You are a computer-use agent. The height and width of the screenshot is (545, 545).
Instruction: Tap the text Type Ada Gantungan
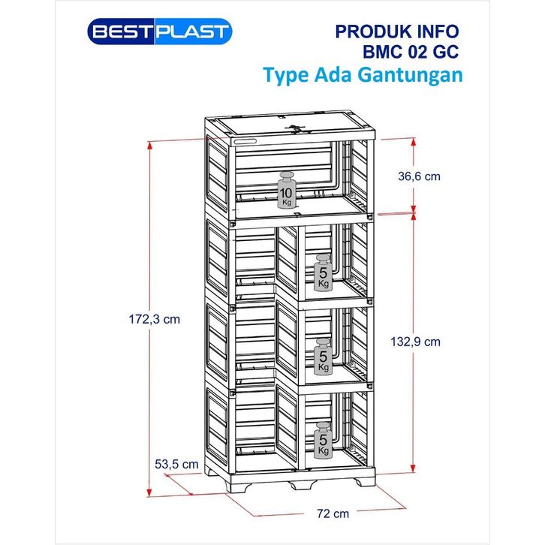pos(362,76)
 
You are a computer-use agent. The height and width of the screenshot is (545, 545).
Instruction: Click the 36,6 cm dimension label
pos(418,176)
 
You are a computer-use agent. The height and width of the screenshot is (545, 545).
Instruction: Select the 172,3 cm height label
pos(153,319)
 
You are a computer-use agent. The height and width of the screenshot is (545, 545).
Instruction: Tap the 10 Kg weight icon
pos(286,192)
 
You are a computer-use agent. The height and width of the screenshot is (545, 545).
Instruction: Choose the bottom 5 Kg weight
pos(322,441)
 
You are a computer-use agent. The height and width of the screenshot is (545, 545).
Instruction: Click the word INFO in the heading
pos(435,32)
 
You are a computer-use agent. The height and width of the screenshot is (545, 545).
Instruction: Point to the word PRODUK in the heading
pos(366,32)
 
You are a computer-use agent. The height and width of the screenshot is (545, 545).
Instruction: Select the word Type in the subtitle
pos(286,77)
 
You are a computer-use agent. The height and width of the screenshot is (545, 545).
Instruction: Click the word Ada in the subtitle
pos(336,76)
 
